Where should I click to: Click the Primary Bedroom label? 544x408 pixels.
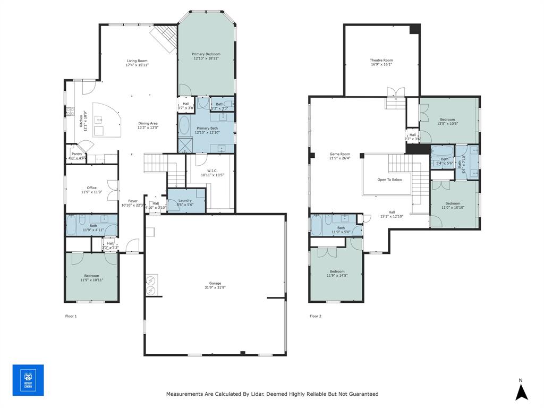tap(206, 56)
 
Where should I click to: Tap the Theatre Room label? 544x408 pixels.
tap(381, 62)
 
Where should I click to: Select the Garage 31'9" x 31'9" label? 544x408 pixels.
tap(215, 285)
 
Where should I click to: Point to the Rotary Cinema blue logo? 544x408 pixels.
tap(28, 380)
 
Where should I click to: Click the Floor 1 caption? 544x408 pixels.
tap(71, 316)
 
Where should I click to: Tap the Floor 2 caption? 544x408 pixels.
tap(316, 316)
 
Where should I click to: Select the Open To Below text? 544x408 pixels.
tap(390, 180)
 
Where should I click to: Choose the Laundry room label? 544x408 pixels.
tap(185, 202)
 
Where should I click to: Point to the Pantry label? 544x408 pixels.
tap(77, 156)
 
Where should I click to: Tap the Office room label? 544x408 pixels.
tap(91, 190)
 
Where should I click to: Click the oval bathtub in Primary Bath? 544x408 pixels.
tap(184, 126)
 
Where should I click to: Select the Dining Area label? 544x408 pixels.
tap(148, 125)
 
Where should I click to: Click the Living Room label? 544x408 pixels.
tap(137, 63)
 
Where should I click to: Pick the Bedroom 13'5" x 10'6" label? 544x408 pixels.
tap(447, 122)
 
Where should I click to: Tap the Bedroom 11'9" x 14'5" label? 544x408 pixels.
tap(337, 273)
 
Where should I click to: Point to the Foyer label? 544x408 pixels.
tap(133, 202)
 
